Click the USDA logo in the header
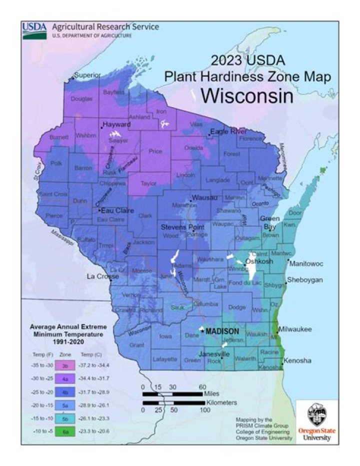tap(34, 31)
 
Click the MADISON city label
tap(222, 331)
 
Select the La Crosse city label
tap(98, 276)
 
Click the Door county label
tap(295, 213)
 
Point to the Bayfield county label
tap(113, 93)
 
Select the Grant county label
tap(136, 345)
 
